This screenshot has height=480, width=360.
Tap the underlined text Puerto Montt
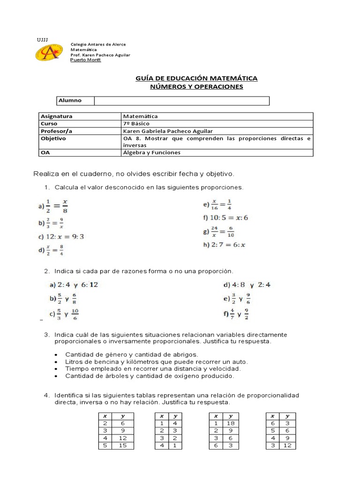(85, 60)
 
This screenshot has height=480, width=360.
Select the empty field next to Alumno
(181, 101)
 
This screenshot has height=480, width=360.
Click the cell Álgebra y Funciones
(151, 152)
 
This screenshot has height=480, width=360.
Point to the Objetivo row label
(53, 138)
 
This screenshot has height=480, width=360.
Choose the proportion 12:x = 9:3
(61, 237)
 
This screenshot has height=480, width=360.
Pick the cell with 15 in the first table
(123, 445)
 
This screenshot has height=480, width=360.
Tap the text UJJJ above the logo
(42, 39)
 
